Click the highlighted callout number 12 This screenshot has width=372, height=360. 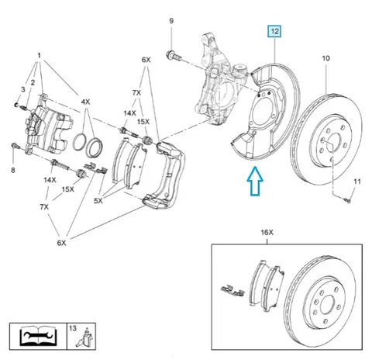tap(274, 32)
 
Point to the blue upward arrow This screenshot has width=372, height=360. tap(255, 181)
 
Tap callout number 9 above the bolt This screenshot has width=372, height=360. tap(171, 21)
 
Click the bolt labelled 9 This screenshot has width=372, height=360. tap(174, 56)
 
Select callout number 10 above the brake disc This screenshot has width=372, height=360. tap(325, 58)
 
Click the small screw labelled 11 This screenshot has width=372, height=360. tap(348, 200)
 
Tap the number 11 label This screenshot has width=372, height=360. tap(356, 182)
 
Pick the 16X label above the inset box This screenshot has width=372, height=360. tap(267, 232)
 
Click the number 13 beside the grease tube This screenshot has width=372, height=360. tap(73, 328)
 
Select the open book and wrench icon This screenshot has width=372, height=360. tap(38, 336)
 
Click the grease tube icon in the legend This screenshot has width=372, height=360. tap(84, 337)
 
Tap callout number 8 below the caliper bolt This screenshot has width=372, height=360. tap(13, 170)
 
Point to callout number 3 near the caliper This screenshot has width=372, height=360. tap(23, 89)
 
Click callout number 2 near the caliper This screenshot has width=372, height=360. tap(33, 82)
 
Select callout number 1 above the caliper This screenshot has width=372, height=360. tap(39, 55)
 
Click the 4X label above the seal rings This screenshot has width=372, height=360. tap(85, 102)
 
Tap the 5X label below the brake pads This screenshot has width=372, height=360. tap(98, 200)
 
